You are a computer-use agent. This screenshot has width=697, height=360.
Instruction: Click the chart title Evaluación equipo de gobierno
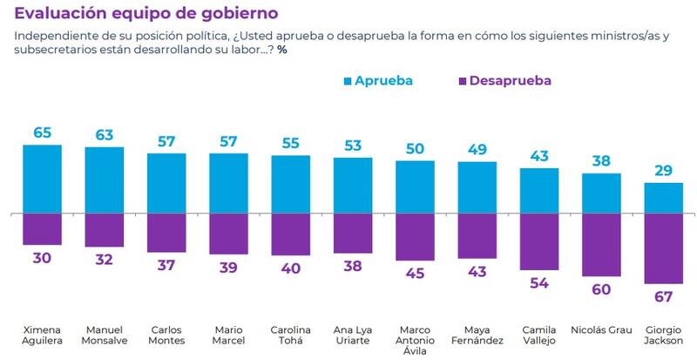pyautogui.click(x=146, y=14)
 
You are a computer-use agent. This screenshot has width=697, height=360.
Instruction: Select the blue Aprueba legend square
pyautogui.click(x=348, y=81)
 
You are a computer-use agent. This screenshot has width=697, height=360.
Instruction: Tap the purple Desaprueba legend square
pyautogui.click(x=461, y=81)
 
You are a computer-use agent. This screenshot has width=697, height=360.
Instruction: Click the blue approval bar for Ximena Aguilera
pyautogui.click(x=42, y=179)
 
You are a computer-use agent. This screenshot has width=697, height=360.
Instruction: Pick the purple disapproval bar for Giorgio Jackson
pyautogui.click(x=664, y=248)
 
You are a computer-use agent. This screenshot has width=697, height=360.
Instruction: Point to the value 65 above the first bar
pyautogui.click(x=42, y=133)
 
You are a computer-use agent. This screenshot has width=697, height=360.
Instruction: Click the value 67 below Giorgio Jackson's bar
pyautogui.click(x=664, y=297)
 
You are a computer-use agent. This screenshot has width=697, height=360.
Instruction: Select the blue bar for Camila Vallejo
pyautogui.click(x=539, y=190)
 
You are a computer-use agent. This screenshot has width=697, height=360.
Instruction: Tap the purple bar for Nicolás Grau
pyautogui.click(x=601, y=245)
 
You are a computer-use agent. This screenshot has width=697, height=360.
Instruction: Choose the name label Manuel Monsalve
pyautogui.click(x=105, y=336)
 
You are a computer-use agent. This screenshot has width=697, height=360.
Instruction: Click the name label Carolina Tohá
pyautogui.click(x=291, y=336)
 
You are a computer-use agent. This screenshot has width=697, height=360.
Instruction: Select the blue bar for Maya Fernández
pyautogui.click(x=477, y=187)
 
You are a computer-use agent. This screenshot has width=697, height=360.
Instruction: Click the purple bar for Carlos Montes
pyautogui.click(x=166, y=233)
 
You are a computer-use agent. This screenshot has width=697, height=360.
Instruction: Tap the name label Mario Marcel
pyautogui.click(x=229, y=336)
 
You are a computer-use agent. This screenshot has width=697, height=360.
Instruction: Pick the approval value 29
pyautogui.click(x=664, y=171)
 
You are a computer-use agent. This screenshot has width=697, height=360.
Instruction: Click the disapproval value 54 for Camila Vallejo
pyautogui.click(x=539, y=284)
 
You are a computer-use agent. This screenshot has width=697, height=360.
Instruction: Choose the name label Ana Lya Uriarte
pyautogui.click(x=353, y=336)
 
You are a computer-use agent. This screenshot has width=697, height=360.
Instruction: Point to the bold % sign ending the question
pyautogui.click(x=282, y=49)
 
